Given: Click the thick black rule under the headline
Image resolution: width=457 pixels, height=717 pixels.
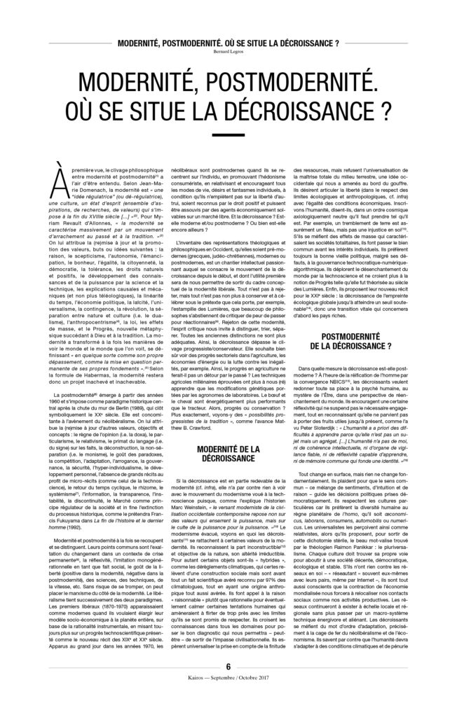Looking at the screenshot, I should pos(228,135).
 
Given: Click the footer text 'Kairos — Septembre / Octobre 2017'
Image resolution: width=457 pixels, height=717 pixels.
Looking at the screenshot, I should pos(228,699).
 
